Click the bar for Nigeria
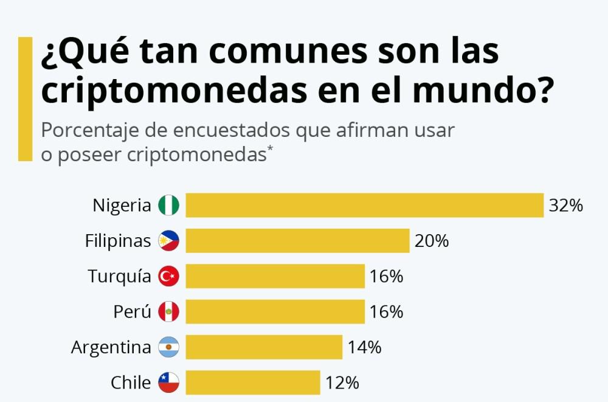364,206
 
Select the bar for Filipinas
297,241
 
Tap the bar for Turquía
275,276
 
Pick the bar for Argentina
264,347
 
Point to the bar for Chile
253,383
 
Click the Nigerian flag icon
169,206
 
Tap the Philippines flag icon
169,241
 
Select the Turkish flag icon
169,276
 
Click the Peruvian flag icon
169,312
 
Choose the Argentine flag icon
169,347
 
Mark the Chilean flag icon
169,383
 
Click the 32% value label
565,206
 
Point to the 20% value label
432,241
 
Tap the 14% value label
364,347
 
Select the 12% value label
342,383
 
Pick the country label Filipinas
118,241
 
